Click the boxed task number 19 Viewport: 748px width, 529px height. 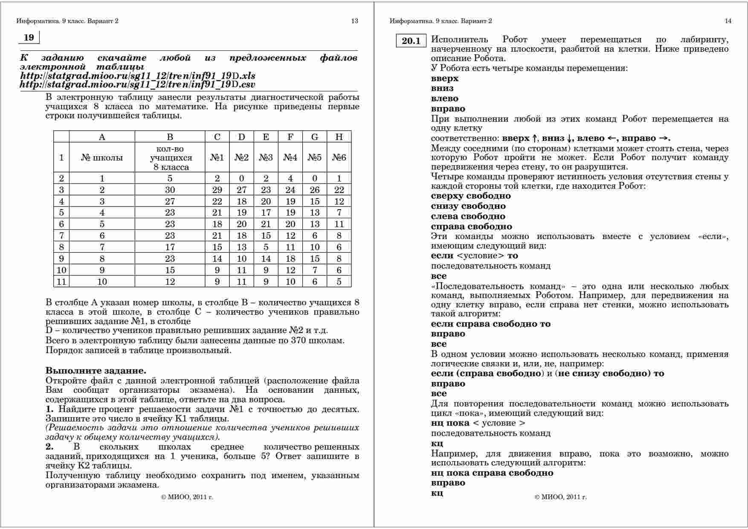point(29,38)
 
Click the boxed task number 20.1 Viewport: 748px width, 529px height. point(411,41)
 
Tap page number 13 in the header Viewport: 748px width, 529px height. point(354,21)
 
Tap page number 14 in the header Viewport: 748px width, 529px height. point(728,21)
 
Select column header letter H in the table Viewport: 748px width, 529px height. point(339,137)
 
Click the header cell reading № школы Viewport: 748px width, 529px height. point(102,158)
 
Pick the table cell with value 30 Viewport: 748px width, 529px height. point(170,190)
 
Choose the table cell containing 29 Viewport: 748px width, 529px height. point(217,190)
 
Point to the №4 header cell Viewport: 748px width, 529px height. point(290,158)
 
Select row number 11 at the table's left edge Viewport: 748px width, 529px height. point(61,282)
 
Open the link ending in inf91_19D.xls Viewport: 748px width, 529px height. point(138,76)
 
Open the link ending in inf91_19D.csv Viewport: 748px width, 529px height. point(138,85)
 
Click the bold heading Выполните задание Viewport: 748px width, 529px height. point(96,371)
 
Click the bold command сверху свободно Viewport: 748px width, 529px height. point(471,196)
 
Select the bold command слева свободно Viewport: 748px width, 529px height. point(468,216)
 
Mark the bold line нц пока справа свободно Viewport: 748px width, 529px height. point(492,473)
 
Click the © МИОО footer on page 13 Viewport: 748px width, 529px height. point(187,497)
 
